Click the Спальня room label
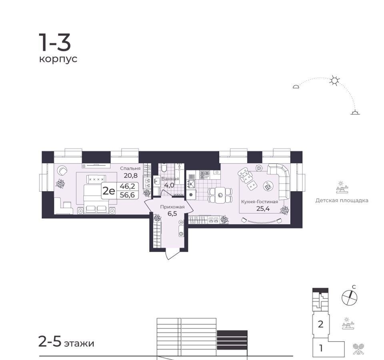(130, 168)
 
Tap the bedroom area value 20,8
(130, 175)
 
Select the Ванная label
(170, 179)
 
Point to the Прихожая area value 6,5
(172, 214)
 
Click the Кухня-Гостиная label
(260, 202)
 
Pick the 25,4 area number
(263, 209)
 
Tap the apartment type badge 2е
(109, 191)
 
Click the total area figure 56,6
(127, 195)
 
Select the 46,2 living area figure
(127, 186)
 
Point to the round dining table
(220, 195)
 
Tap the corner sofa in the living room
(279, 180)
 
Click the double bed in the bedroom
(96, 199)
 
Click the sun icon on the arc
(334, 80)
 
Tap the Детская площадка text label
(342, 200)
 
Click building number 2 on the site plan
(320, 324)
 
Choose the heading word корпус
(58, 59)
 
